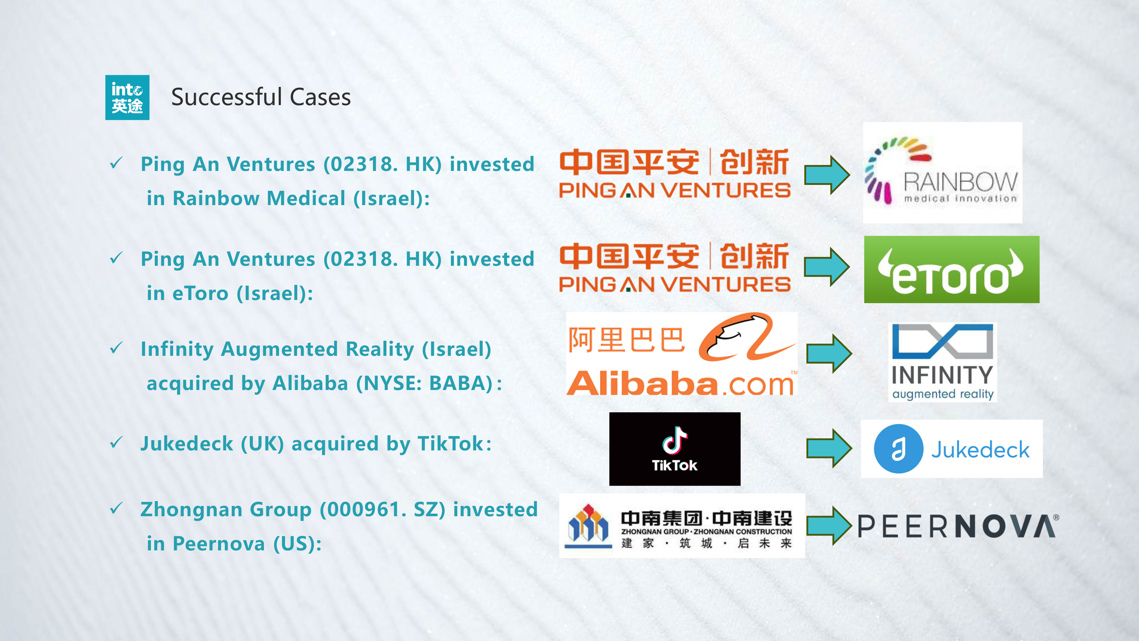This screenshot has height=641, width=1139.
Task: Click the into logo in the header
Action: pyautogui.click(x=127, y=97)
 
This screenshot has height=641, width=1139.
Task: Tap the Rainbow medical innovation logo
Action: pyautogui.click(x=942, y=173)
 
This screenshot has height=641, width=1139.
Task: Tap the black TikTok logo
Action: pyautogui.click(x=674, y=449)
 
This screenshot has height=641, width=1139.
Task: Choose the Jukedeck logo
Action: pyautogui.click(x=952, y=449)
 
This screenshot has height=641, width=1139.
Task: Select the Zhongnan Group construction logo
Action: pyautogui.click(x=681, y=526)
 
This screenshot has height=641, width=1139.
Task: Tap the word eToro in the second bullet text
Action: pyautogui.click(x=200, y=294)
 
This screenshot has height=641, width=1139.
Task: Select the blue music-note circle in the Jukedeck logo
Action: pyautogui.click(x=898, y=449)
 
